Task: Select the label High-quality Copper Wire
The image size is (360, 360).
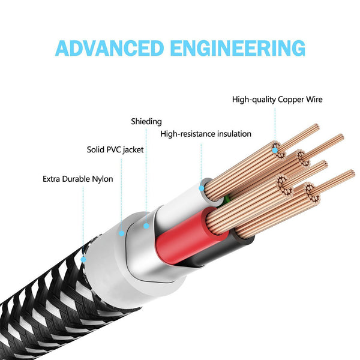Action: pyautogui.click(x=277, y=99)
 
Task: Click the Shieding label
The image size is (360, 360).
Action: pyautogui.click(x=146, y=122)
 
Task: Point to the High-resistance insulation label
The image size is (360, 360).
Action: pyautogui.click(x=206, y=134)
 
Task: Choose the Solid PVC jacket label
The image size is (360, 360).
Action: pyautogui.click(x=115, y=149)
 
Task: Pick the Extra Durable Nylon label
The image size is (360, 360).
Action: pyautogui.click(x=78, y=179)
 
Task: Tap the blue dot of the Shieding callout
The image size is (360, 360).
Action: pyautogui.click(x=146, y=226)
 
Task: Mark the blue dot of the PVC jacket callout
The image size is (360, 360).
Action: pyautogui.click(x=121, y=233)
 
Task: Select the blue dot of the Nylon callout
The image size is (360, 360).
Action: pyautogui.click(x=83, y=260)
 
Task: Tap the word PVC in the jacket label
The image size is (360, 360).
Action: pyautogui.click(x=115, y=149)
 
